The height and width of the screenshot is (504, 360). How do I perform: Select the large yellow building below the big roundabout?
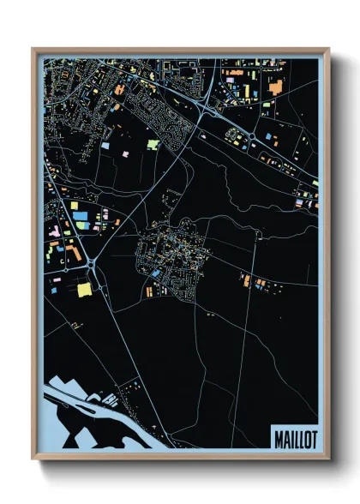(85, 290)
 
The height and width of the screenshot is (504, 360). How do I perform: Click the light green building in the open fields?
(153, 145)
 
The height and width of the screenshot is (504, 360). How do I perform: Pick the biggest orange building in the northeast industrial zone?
(276, 86)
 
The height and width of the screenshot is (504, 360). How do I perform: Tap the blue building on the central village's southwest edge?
(156, 273)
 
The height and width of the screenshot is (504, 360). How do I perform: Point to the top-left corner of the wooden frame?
(33, 49)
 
